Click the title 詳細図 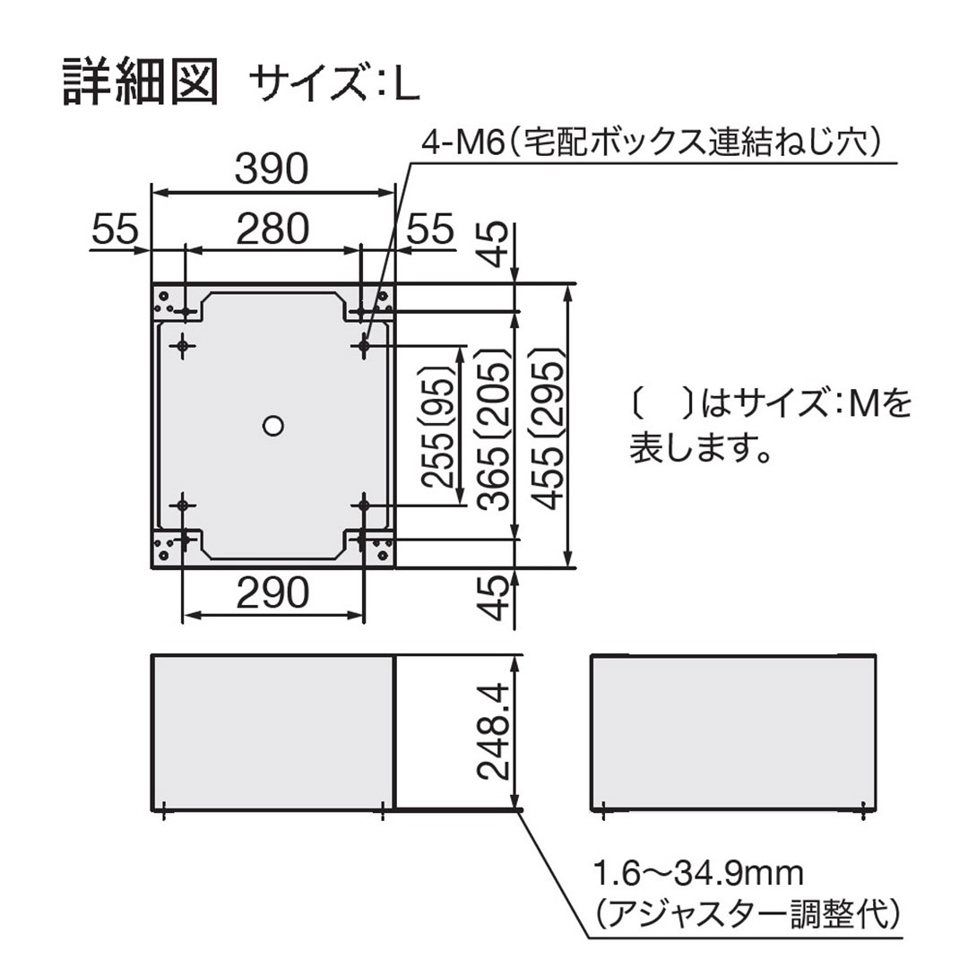click(x=141, y=82)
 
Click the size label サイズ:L click(x=334, y=84)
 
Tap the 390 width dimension click(x=272, y=169)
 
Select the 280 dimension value click(x=272, y=230)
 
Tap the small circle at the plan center click(x=272, y=424)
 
